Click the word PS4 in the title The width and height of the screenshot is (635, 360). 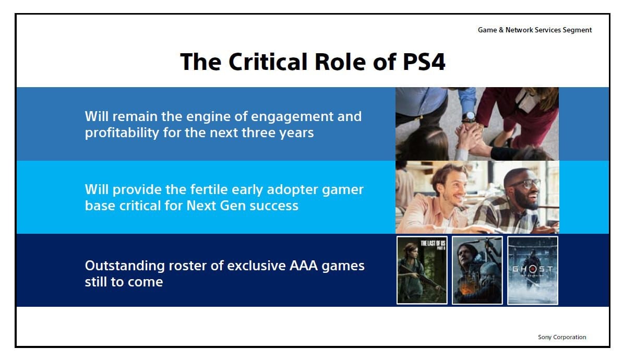[x=424, y=62]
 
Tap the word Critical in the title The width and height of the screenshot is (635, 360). [x=268, y=62]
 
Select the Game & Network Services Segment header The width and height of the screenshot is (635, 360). [x=535, y=30]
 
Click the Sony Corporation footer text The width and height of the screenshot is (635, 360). [x=562, y=337]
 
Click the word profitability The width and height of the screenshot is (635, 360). [x=122, y=133]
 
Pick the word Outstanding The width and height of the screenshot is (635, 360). [x=125, y=267]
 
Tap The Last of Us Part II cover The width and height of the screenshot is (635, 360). [x=422, y=270]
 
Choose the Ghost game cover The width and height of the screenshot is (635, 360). [x=533, y=270]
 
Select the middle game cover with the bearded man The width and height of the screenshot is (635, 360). [x=477, y=270]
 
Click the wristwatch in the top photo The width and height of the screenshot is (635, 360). [x=469, y=117]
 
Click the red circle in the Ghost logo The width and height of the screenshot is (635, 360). [x=532, y=269]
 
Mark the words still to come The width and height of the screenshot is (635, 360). [x=124, y=282]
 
